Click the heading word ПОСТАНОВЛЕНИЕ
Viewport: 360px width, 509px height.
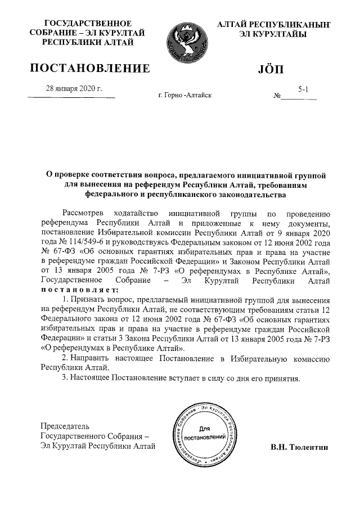point(89,69)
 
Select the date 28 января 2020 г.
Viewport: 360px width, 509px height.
point(73,88)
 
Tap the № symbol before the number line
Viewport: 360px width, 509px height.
point(277,96)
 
